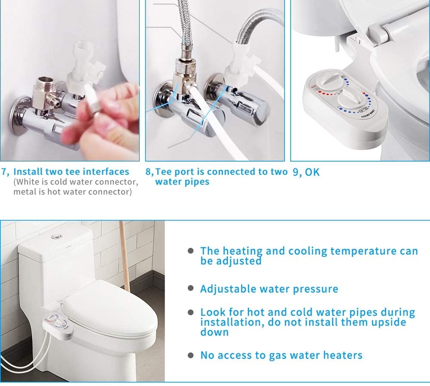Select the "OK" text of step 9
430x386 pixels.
312,172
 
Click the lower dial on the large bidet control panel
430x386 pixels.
351,99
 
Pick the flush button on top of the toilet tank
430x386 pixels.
55,236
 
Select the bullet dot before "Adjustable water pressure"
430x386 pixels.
190,288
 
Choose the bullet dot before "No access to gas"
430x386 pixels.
190,355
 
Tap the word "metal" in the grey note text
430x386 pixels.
24,191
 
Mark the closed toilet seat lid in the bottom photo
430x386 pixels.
110,311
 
